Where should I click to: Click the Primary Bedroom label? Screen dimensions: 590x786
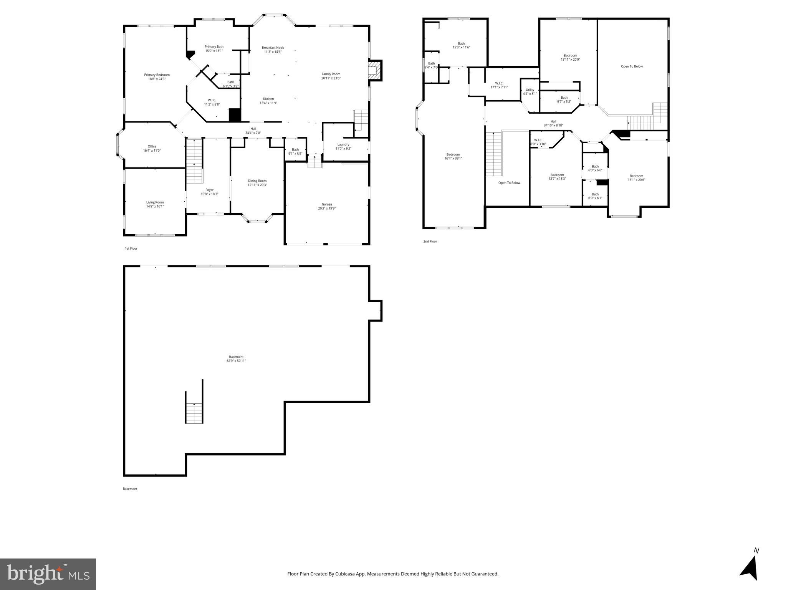157,75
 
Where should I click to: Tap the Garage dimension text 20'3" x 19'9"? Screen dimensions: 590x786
327,209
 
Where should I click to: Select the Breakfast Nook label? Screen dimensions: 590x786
273,48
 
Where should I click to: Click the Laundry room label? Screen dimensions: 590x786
343,144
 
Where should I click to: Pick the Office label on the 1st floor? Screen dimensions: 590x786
152,146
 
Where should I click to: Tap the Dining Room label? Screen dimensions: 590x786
257,181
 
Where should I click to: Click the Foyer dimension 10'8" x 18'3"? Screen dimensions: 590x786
209,194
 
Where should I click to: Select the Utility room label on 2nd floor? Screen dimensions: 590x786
530,89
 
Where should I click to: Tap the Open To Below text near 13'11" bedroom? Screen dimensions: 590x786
632,66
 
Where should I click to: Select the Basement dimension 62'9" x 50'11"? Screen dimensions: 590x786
236,361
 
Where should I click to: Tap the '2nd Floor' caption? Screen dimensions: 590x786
430,242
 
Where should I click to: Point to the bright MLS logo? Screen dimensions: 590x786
48,574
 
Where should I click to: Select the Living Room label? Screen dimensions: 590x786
155,202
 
